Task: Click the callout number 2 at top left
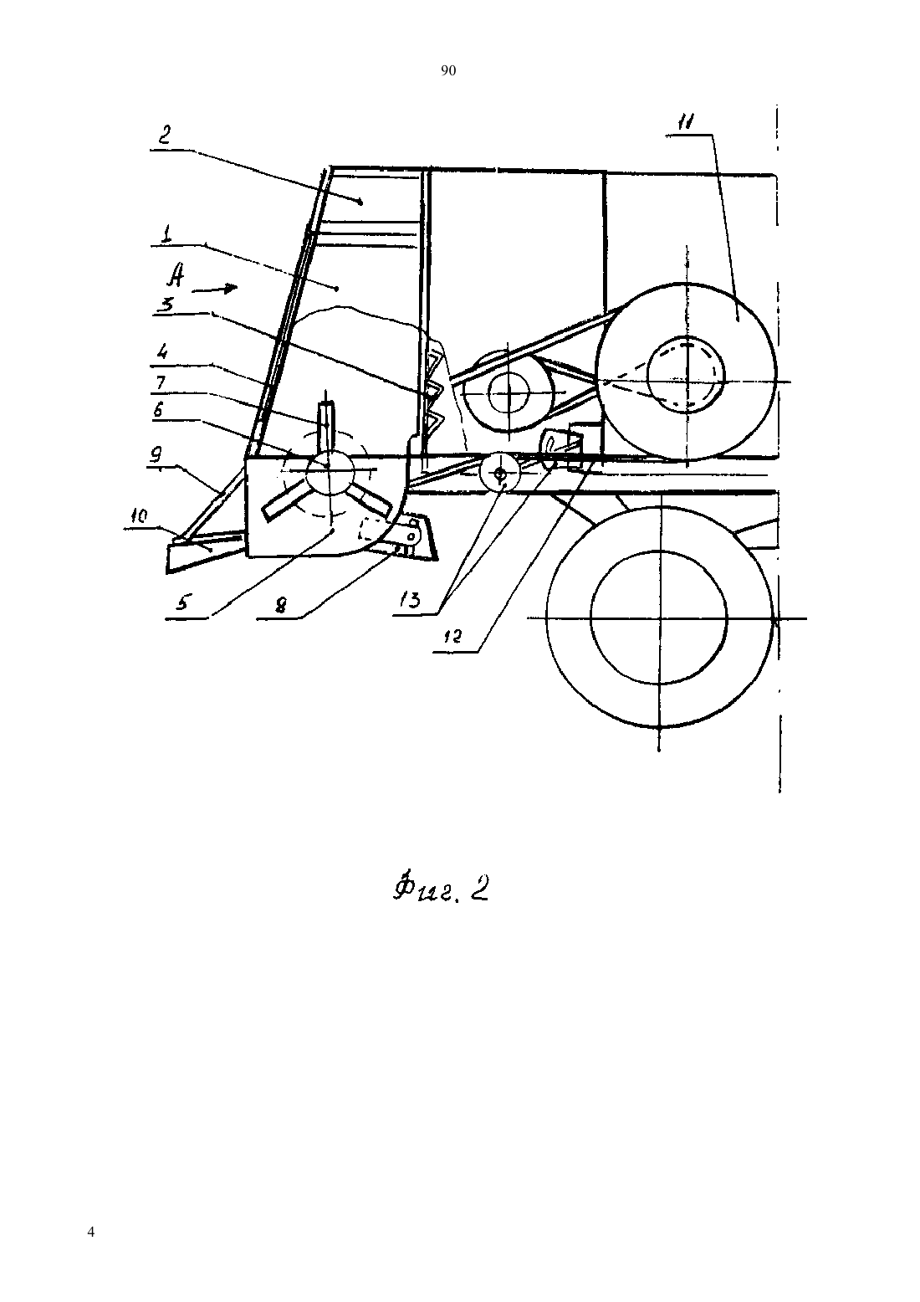[x=165, y=135]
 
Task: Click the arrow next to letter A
[x=214, y=289]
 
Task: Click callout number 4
[x=163, y=352]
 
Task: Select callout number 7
[x=161, y=382]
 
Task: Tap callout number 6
[x=158, y=410]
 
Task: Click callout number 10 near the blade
[x=138, y=515]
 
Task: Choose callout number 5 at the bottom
[x=183, y=602]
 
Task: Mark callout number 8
[x=280, y=606]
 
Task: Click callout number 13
[x=411, y=600]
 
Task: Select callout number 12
[x=453, y=637]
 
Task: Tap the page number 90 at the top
[x=448, y=71]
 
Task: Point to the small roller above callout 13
[x=499, y=474]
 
